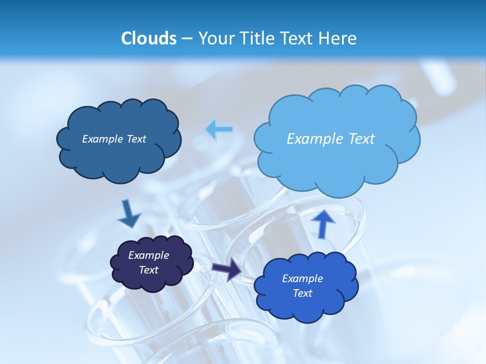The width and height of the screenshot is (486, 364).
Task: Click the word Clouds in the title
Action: coord(149,38)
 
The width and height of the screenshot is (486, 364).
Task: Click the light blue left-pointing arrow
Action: coord(220,129)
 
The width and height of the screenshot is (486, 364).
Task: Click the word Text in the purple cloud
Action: coord(149,270)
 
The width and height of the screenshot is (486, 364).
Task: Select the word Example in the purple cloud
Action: coord(149,255)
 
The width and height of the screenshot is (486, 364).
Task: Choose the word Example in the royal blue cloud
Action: coord(303,279)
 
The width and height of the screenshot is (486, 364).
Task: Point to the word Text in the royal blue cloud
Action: coord(303,293)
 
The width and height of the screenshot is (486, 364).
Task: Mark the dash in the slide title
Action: coord(186,39)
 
